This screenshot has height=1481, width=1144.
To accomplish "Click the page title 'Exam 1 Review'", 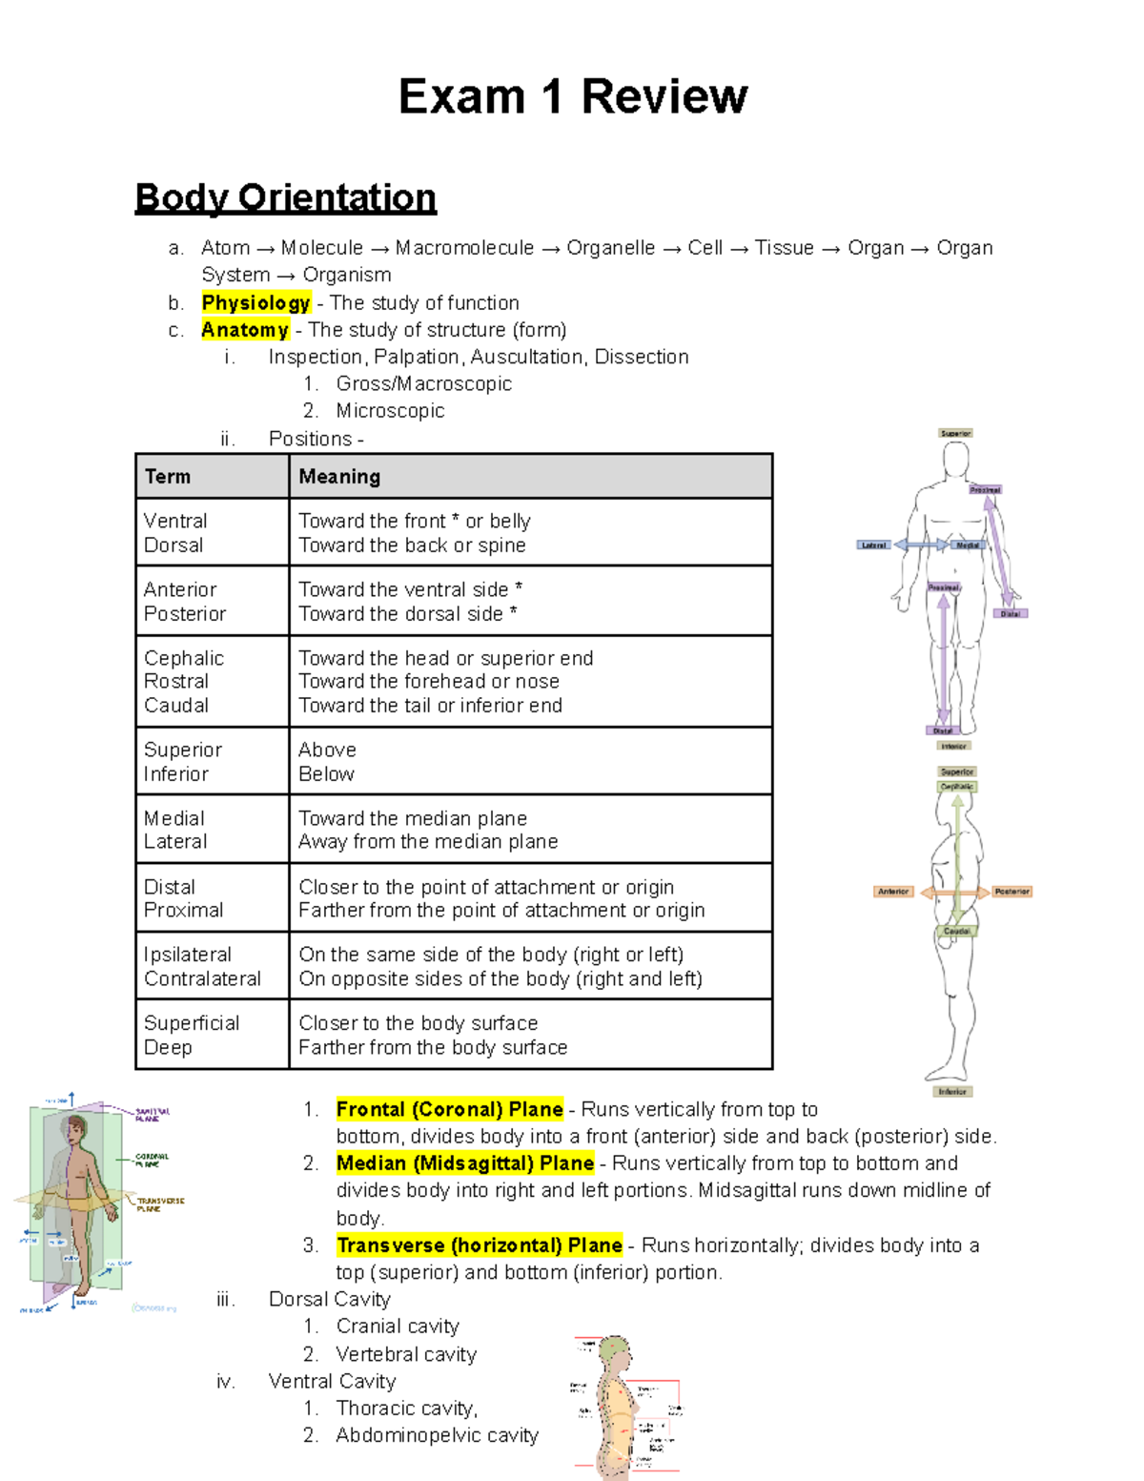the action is point(572,96).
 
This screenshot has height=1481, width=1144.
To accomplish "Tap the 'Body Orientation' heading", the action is point(285,197).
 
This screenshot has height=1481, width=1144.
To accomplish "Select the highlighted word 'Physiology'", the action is point(255,302).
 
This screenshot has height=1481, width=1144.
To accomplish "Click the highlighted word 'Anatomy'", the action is point(245,330).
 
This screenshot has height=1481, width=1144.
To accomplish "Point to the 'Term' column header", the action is point(168,476).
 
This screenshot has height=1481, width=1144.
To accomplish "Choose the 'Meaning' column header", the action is point(339,476).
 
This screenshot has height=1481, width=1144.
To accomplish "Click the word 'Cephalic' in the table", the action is point(184,658).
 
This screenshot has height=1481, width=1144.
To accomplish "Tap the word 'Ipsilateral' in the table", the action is point(188,955).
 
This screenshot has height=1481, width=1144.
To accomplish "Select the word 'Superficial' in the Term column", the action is point(192,1023).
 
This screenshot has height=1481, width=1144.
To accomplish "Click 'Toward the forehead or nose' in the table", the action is point(429,681).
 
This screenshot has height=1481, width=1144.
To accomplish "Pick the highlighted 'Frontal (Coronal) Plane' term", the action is point(449,1109).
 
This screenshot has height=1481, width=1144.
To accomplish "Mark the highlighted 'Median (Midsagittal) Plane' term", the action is point(465,1163).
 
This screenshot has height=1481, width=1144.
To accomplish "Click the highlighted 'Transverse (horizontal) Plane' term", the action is point(480,1245).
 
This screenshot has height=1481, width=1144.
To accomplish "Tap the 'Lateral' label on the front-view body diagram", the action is point(873,545).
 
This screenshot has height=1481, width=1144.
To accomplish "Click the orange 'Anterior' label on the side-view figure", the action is point(893,892).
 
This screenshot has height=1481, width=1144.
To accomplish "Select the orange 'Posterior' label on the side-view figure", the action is point(1011,892).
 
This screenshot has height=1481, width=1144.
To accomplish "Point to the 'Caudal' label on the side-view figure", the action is point(956,931).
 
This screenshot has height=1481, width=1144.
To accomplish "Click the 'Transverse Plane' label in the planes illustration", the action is point(158,1204).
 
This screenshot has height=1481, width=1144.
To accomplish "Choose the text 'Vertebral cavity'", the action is point(406,1354).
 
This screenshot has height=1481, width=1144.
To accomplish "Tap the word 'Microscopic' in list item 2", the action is point(391,411).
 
